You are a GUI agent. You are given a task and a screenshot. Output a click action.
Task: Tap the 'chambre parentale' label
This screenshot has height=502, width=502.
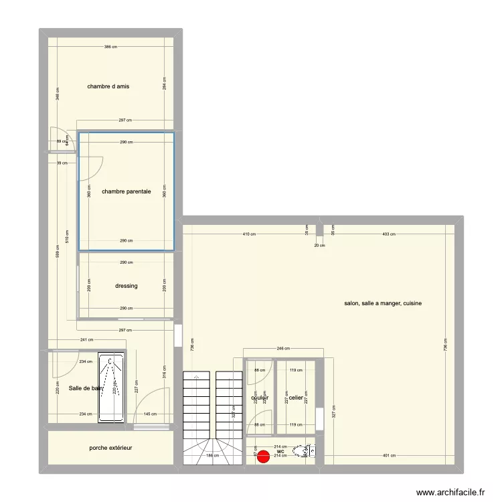127,191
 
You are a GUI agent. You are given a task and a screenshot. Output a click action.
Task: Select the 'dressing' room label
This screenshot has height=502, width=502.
127,286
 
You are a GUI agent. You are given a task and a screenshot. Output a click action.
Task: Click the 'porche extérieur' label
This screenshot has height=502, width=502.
110,447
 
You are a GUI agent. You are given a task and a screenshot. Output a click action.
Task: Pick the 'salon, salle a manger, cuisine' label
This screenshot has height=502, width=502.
383,303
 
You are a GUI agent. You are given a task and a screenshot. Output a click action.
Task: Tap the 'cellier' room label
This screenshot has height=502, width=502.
296,397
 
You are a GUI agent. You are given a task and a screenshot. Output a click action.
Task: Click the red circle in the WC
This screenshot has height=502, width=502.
263,456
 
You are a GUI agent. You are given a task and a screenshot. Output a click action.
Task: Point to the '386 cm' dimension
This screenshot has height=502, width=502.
110,47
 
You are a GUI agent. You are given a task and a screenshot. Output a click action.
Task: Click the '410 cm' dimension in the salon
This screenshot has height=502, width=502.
249,234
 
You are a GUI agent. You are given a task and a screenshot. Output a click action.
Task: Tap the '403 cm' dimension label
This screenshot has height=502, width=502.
388,234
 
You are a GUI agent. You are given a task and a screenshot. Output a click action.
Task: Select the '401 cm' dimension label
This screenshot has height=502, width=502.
388,456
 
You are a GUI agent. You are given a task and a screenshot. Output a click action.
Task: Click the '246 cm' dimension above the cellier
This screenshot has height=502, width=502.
283,348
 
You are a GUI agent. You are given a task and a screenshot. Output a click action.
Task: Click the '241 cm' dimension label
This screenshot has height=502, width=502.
86,339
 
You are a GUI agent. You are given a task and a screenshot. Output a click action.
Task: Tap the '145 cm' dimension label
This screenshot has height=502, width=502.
150,414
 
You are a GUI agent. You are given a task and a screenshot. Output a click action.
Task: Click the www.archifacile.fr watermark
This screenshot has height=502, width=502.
450,492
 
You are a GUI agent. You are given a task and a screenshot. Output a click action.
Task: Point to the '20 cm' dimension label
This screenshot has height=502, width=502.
320,246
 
